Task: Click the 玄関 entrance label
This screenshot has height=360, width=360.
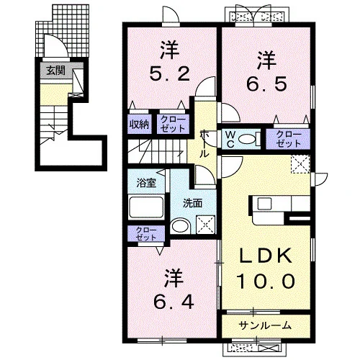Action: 55,71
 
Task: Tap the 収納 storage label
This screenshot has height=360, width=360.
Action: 139,125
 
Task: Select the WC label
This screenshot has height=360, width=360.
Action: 230,139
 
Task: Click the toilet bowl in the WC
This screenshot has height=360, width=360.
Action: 248,139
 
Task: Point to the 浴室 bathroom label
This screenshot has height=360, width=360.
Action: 146,183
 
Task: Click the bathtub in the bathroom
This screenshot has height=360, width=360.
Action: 146,207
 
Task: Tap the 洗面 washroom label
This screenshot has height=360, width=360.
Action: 192,204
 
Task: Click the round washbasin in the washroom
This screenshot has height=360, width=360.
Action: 181,226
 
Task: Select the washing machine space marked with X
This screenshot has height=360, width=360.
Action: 205,225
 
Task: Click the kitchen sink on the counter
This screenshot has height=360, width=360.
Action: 264,204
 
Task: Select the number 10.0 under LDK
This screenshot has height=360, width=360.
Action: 266,281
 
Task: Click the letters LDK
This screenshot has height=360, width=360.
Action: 266,255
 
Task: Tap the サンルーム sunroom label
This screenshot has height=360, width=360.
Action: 265,325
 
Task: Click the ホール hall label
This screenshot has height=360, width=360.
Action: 204,143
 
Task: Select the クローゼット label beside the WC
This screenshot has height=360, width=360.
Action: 288,139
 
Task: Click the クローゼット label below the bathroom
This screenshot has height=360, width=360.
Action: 146,234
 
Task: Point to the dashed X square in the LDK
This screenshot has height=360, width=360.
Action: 300,164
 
